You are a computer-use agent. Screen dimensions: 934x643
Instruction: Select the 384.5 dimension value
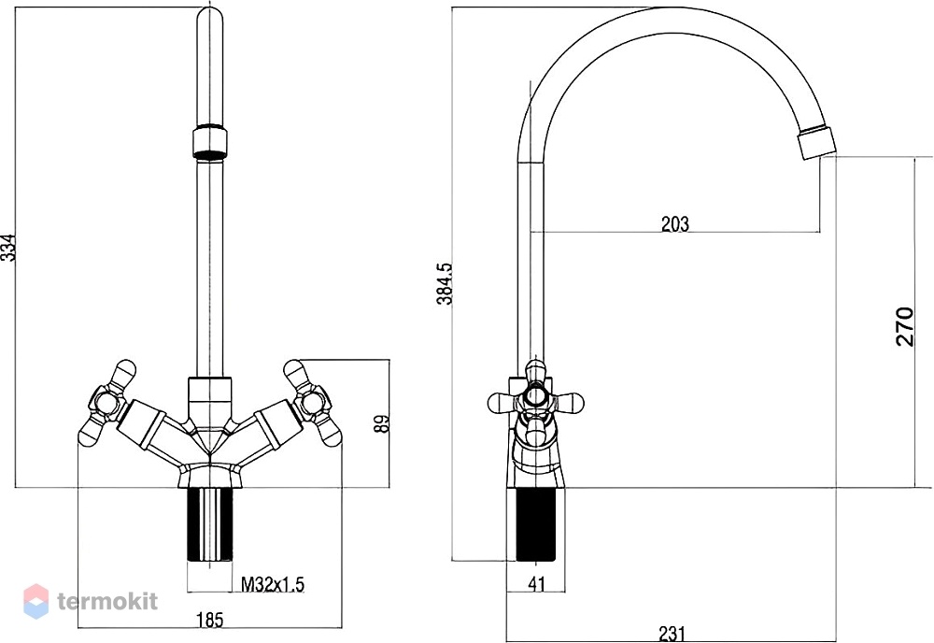[x=446, y=284]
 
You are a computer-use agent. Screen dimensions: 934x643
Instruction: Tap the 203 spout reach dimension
[x=675, y=223]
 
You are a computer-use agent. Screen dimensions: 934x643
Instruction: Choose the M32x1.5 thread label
[x=272, y=584]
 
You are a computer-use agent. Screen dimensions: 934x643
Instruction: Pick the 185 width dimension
[x=209, y=620]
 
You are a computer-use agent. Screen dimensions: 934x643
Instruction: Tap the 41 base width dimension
[x=537, y=584]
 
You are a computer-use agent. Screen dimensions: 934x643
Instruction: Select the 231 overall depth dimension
[x=672, y=633]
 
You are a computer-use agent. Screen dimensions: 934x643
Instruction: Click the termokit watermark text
[x=107, y=601]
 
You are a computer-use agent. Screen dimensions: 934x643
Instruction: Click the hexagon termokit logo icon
[x=35, y=601]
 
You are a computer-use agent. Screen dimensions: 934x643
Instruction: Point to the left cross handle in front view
[x=108, y=404]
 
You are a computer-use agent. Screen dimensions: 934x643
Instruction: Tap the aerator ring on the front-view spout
[x=209, y=140]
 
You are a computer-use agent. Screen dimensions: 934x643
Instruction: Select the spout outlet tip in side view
[x=817, y=143]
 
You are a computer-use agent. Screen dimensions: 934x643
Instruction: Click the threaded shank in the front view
[x=209, y=524]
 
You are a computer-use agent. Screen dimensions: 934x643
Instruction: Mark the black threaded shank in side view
[x=536, y=524]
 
